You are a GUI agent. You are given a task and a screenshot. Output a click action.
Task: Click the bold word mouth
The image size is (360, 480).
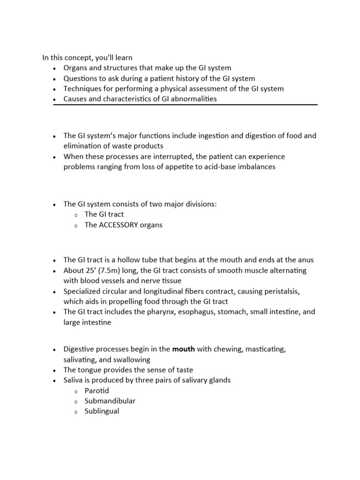coord(184,349)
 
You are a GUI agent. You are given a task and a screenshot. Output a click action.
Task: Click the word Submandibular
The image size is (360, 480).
coord(110,401)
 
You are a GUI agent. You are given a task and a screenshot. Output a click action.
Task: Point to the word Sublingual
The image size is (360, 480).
coord(102,411)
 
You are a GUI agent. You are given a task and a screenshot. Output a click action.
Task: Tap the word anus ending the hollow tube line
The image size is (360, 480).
coord(306,260)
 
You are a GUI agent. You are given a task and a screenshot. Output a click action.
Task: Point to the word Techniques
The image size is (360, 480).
coord(82,89)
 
